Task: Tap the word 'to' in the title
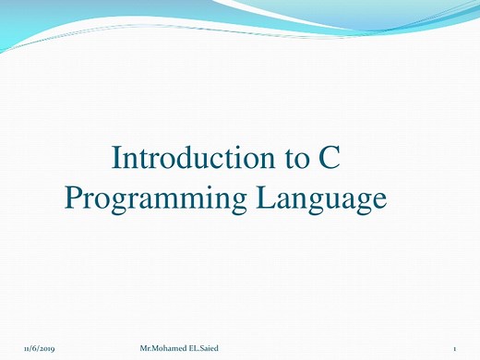[297, 159]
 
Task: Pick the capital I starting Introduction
[115, 158]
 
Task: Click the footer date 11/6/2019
[40, 346]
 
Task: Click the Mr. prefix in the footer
[144, 346]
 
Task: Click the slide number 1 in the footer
[456, 346]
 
